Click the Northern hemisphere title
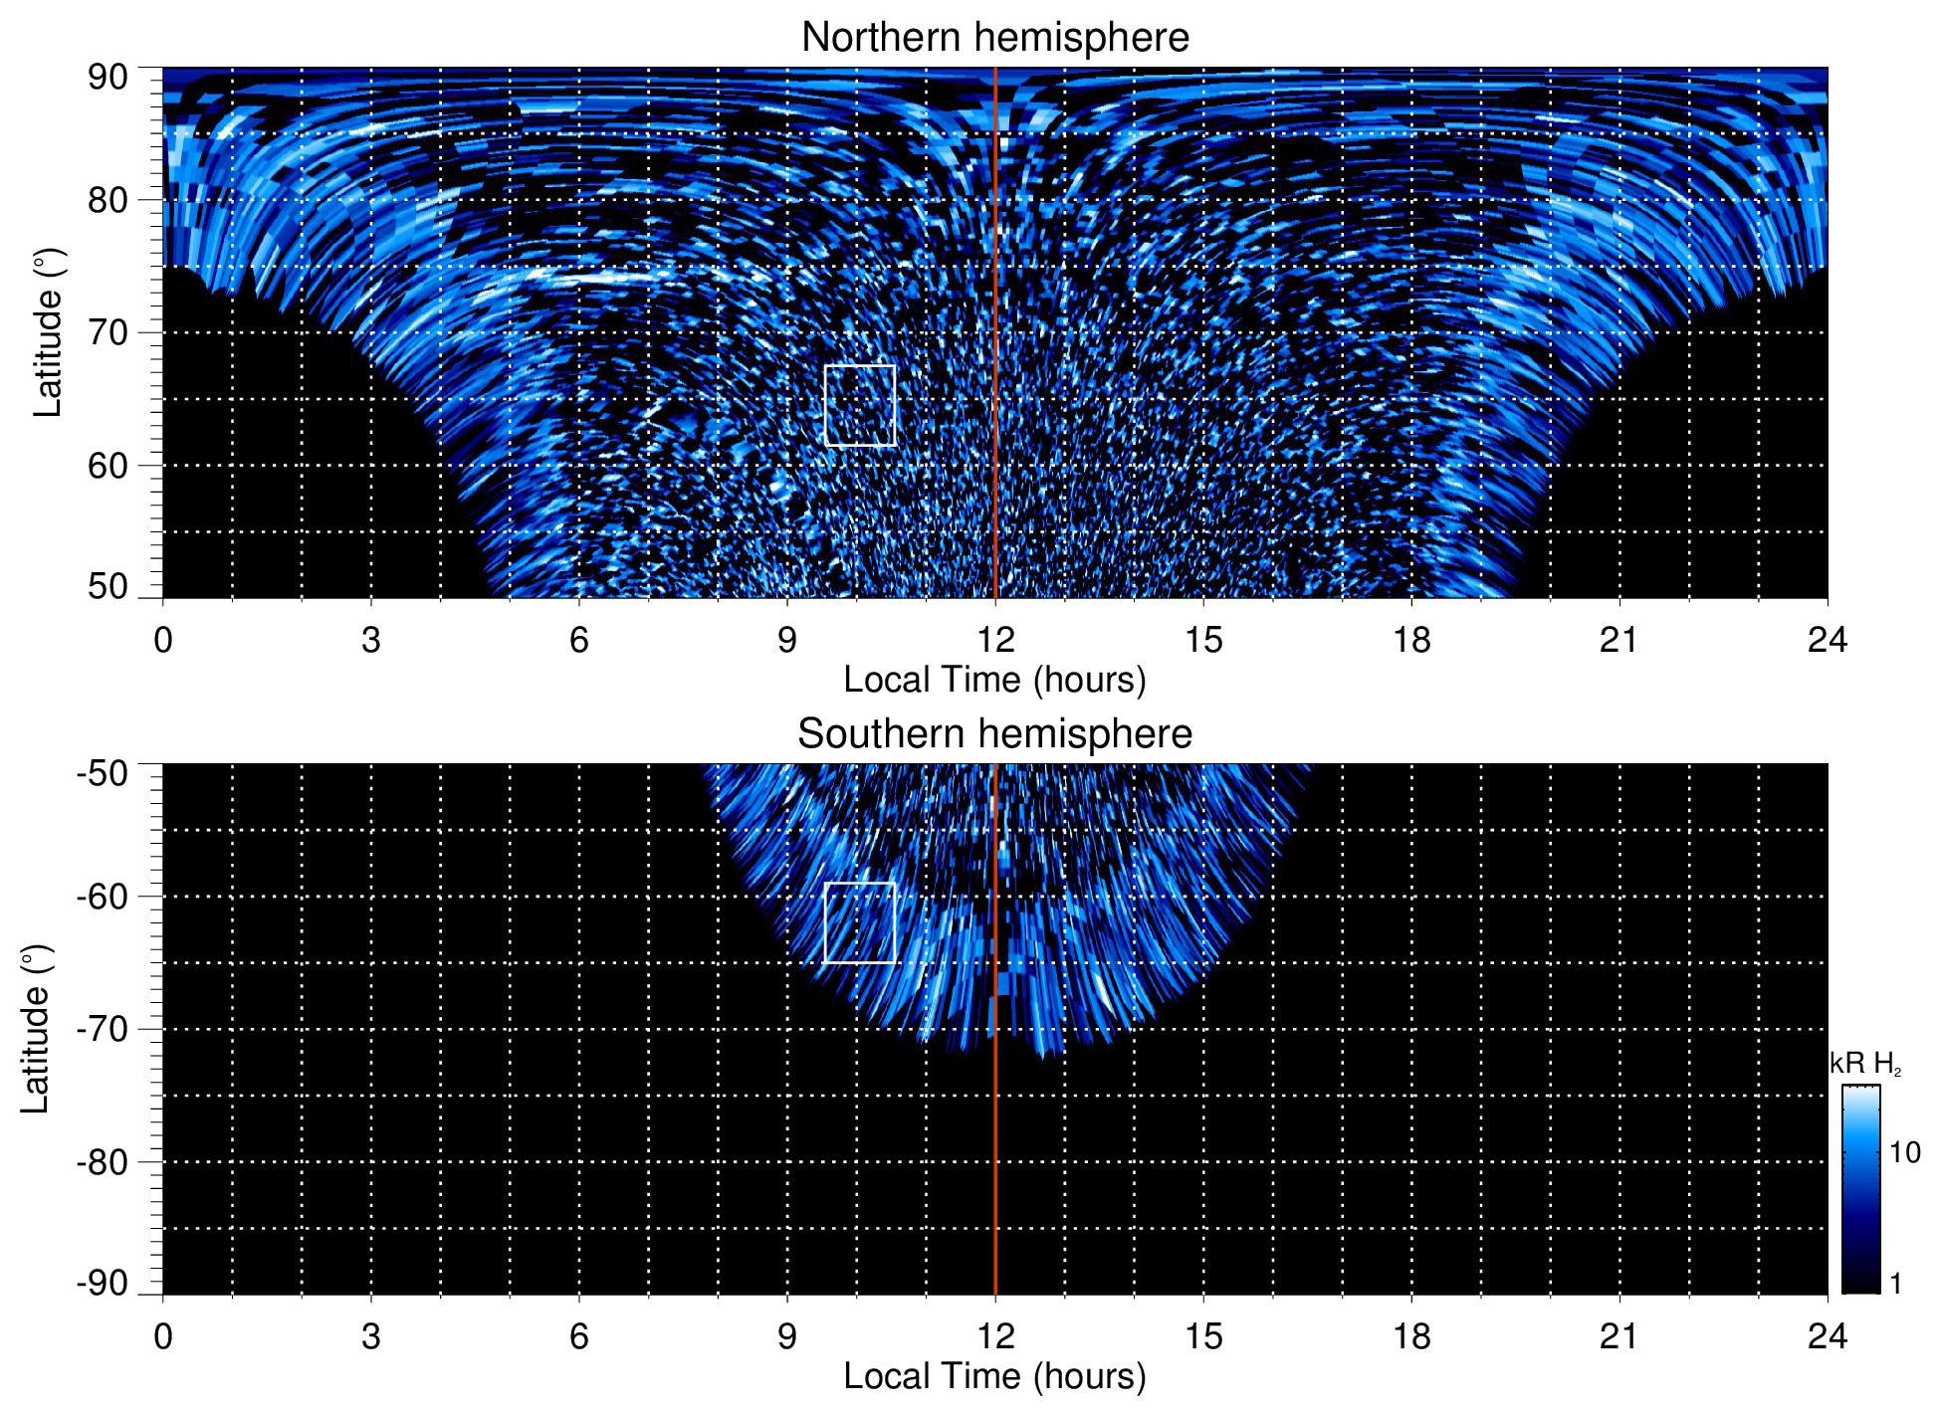click(994, 38)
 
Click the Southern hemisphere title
click(994, 734)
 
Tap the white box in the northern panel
click(860, 405)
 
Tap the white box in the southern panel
click(860, 922)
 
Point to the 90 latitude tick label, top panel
click(108, 78)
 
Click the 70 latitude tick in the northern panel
click(108, 332)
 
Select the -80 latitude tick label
click(103, 1162)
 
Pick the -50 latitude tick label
click(103, 773)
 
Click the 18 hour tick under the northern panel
click(1411, 640)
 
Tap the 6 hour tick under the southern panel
click(579, 1336)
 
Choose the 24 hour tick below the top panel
click(1827, 640)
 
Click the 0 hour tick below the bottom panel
click(163, 1336)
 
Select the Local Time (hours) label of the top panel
click(994, 680)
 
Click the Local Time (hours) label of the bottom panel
click(994, 1376)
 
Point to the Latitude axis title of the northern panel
click(48, 332)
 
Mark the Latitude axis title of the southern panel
click(36, 1029)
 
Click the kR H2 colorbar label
click(1865, 1064)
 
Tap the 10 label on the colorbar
click(1904, 1152)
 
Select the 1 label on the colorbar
click(1895, 1284)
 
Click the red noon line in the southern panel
click(995, 1144)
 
